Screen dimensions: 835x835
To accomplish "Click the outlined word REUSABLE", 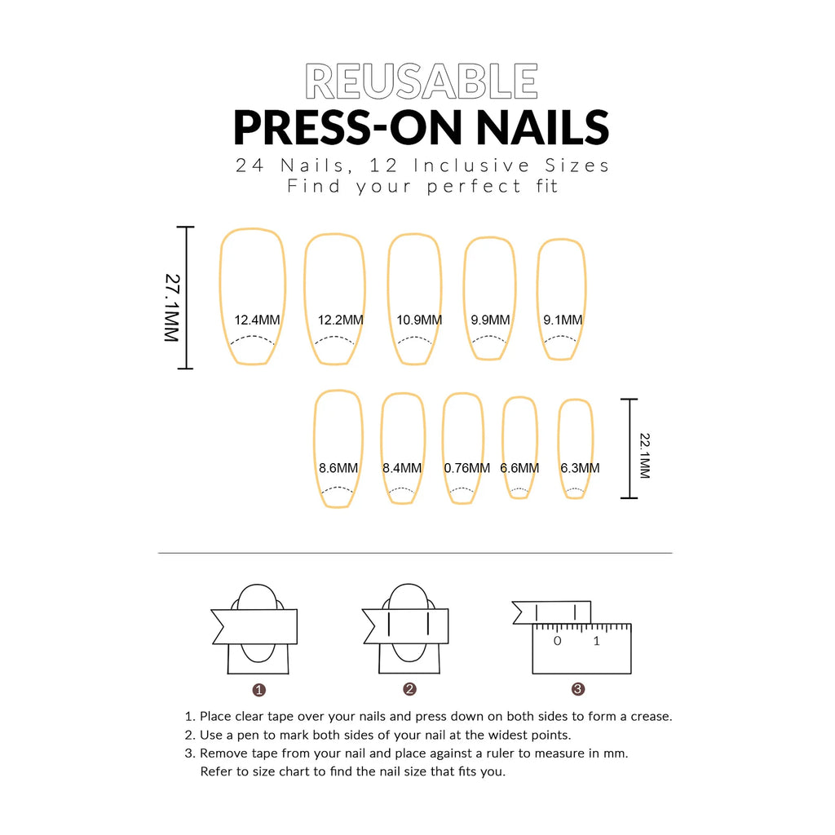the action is (422, 82).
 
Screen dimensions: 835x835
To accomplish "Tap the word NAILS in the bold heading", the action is (542, 128).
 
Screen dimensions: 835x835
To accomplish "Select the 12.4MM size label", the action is (257, 320).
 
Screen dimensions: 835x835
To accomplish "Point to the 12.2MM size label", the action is (340, 320).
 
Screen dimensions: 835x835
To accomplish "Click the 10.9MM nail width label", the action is (419, 320).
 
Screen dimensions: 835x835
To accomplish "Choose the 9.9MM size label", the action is (490, 320).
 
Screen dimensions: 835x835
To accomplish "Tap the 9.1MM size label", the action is (563, 320).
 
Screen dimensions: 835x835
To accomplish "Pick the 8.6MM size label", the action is (338, 468).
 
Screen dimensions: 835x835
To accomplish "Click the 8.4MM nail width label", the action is (402, 468).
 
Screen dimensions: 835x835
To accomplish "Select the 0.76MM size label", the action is (467, 468).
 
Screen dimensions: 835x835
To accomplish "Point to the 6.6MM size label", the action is (519, 468).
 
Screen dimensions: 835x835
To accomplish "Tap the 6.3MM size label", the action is (580, 468).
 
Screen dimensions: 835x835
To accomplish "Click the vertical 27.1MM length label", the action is (172, 307).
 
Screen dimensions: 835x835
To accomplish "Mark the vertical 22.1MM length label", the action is (644, 456).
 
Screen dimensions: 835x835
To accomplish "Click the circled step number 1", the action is (258, 690).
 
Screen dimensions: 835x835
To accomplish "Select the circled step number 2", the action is (409, 689).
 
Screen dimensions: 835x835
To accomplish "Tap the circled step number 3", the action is (578, 689).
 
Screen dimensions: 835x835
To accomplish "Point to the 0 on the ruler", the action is (558, 641).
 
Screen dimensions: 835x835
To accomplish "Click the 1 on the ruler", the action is (596, 641).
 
